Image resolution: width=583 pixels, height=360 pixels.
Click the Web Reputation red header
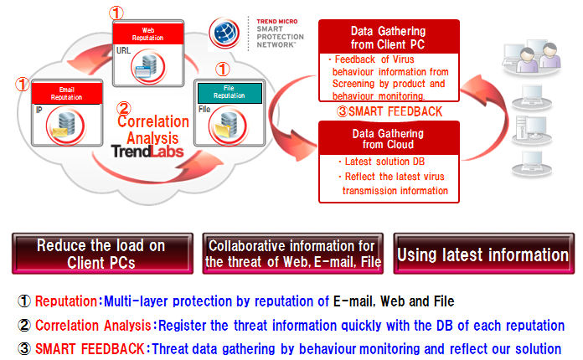click(148, 33)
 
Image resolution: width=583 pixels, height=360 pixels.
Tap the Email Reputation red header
click(67, 93)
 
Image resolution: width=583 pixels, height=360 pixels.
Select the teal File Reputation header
click(230, 93)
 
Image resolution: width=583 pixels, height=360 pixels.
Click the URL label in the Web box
click(123, 50)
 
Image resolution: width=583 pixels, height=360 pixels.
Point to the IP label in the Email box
click(39, 110)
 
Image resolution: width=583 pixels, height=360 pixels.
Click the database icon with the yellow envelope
click(65, 125)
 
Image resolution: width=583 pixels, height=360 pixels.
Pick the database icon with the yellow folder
click(227, 126)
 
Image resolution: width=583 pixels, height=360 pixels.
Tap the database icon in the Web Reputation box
click(148, 67)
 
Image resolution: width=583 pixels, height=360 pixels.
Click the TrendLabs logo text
click(147, 152)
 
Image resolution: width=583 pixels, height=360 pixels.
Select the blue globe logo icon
click(224, 33)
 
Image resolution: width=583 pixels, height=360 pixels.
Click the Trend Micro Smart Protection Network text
click(280, 33)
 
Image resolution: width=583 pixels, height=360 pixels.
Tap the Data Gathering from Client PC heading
click(388, 38)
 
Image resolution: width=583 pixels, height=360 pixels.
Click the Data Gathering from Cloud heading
click(388, 139)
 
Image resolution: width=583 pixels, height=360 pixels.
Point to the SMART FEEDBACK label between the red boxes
click(390, 111)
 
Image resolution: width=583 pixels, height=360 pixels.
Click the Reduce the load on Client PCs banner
click(102, 254)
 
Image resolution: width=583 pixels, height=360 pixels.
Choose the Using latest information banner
click(483, 254)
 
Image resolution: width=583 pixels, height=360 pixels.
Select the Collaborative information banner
click(293, 254)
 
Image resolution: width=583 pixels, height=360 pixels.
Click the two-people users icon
click(532, 58)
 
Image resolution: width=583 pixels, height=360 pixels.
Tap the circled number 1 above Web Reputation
click(116, 13)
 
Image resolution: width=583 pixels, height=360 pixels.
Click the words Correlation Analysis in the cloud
click(153, 130)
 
